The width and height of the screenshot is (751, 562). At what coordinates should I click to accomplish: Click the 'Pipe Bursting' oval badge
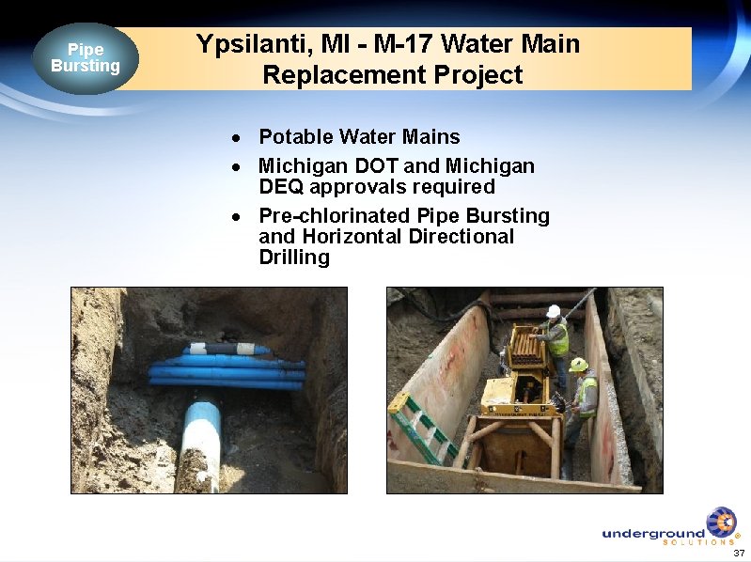point(86,58)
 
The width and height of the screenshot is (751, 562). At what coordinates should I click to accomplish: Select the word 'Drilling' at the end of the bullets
point(294,258)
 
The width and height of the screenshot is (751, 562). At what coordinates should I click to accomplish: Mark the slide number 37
point(739,553)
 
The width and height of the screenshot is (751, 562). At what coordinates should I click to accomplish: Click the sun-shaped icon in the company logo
point(721,522)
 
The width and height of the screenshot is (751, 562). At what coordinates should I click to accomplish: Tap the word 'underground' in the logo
point(653,533)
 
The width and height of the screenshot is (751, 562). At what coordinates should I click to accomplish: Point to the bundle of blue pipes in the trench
point(226,369)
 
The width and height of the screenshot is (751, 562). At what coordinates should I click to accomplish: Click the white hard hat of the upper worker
point(554,311)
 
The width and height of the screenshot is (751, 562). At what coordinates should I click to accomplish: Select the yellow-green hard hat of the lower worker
point(578,365)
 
